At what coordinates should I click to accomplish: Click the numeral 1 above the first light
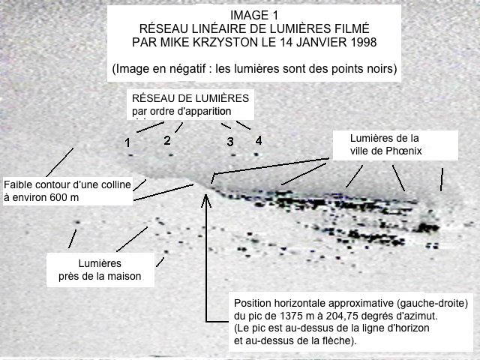[127, 142]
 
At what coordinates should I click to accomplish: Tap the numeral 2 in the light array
[166, 140]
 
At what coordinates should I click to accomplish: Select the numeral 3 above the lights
[230, 142]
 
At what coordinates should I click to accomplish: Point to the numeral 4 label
[259, 140]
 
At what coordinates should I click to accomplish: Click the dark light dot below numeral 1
[131, 155]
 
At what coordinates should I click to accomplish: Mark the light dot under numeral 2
[171, 155]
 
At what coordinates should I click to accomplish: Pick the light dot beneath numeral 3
[233, 155]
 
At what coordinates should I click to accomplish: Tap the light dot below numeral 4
[256, 154]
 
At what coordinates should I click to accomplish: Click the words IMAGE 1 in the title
[254, 15]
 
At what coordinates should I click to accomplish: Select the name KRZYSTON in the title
[225, 42]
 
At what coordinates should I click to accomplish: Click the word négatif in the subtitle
[187, 68]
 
